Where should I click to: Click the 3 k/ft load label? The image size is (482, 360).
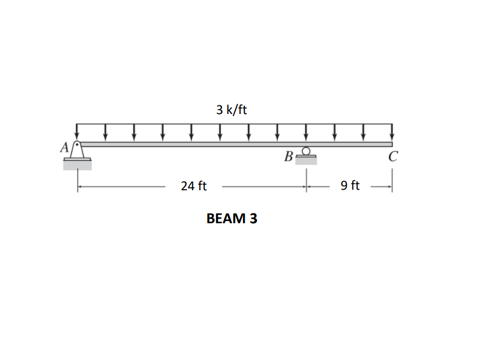(231, 110)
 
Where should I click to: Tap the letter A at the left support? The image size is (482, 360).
(64, 146)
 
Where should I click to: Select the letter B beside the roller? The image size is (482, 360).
(289, 157)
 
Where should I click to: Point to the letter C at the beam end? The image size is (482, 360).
(393, 157)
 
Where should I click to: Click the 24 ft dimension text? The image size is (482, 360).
(193, 186)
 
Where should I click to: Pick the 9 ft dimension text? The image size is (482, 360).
(350, 186)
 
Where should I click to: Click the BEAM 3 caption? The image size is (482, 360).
(232, 218)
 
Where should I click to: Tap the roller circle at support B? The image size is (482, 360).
(306, 151)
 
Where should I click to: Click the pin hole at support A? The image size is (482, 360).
(78, 145)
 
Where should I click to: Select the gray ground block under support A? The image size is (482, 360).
(77, 165)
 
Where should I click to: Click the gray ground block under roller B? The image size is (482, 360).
(306, 161)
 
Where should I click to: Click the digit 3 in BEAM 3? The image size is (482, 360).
(252, 218)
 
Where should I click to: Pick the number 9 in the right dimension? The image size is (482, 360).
(344, 186)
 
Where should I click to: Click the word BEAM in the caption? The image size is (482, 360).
(225, 218)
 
